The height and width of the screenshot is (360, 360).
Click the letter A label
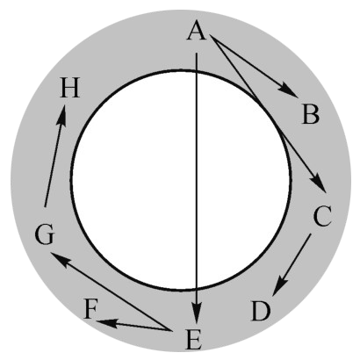(197, 31)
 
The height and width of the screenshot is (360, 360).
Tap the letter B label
(311, 114)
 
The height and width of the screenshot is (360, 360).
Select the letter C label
(322, 216)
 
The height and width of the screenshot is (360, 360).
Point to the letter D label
(261, 312)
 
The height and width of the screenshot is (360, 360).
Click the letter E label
(194, 340)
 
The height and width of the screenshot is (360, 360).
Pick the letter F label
(90, 309)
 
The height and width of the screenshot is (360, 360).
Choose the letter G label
(45, 234)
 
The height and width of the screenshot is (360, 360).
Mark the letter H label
(70, 88)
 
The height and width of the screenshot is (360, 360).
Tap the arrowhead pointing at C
(319, 183)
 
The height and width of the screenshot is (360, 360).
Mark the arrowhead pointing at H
(61, 114)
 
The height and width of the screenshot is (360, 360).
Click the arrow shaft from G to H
(54, 155)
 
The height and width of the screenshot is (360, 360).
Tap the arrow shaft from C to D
(292, 265)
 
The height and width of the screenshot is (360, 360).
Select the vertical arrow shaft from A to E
(197, 189)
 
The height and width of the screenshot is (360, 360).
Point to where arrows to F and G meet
(171, 330)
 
